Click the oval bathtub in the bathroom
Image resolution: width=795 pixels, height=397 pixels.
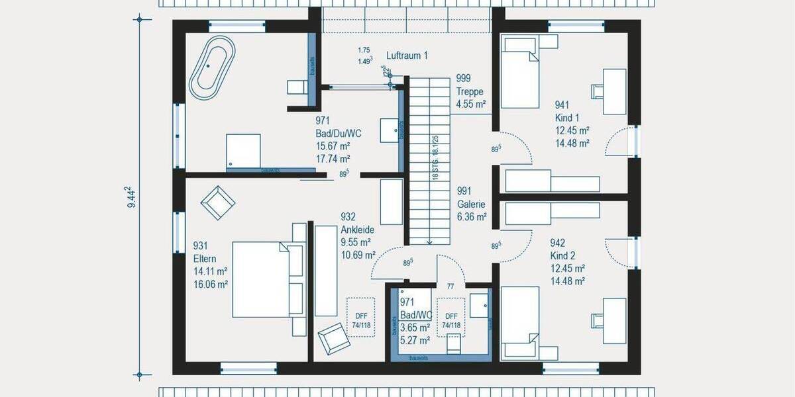tap(212, 67)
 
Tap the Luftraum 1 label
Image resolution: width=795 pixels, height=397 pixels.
tap(407, 56)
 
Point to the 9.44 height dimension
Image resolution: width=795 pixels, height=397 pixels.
tap(132, 197)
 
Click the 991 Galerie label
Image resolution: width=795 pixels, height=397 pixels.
tap(471, 198)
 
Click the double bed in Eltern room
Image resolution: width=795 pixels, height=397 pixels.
tap(261, 279)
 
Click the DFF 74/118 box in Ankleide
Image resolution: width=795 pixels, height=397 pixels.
tap(360, 317)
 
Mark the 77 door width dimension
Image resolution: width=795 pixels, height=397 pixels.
tap(450, 286)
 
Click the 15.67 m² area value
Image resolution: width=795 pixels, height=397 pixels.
tap(333, 146)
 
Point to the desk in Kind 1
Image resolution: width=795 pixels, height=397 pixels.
tap(615, 83)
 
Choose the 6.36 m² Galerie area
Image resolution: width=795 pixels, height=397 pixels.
tap(472, 216)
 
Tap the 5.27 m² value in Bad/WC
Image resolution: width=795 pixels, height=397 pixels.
tap(415, 340)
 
